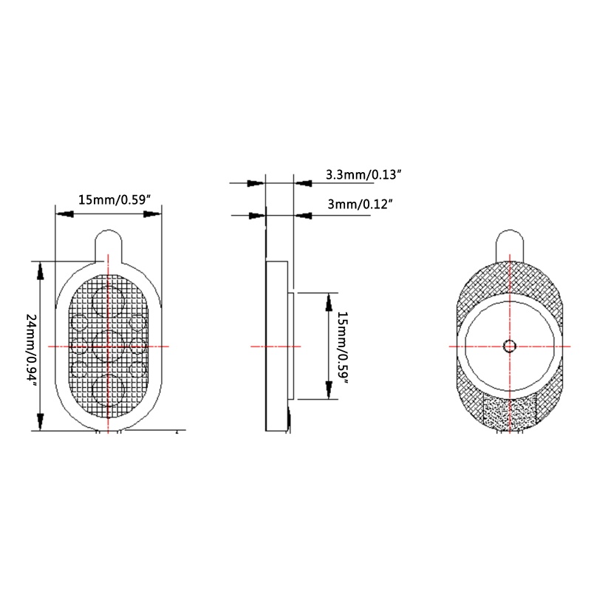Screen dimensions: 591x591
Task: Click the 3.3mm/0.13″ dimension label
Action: point(363,175)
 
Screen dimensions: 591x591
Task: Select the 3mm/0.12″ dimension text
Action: point(361,205)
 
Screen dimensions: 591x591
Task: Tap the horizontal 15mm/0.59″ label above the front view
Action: point(115,199)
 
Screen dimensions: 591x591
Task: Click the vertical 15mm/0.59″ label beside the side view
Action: point(342,347)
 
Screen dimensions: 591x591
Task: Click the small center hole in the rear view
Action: point(510,346)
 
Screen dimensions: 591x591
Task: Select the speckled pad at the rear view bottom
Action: point(510,412)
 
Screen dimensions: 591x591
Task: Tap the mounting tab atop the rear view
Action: point(510,245)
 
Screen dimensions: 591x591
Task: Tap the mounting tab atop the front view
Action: point(109,246)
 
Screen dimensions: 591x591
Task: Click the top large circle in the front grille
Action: point(109,301)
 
